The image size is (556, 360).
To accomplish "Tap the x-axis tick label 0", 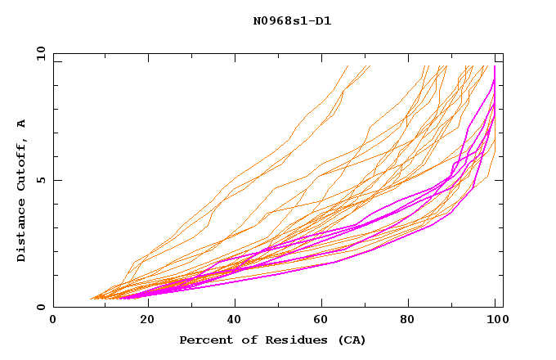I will pos(53,320).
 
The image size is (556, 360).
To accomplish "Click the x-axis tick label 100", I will pos(496,320).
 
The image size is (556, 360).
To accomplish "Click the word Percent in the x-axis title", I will pos(204,340).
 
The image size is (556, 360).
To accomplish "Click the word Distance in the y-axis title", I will pos(22,228).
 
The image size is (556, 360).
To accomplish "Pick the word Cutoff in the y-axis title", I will pos(22,165).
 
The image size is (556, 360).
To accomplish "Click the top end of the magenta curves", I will pos(495,66).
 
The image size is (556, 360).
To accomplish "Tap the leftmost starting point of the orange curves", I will pos(89,299).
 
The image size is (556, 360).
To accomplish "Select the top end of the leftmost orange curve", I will pos(348,65).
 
